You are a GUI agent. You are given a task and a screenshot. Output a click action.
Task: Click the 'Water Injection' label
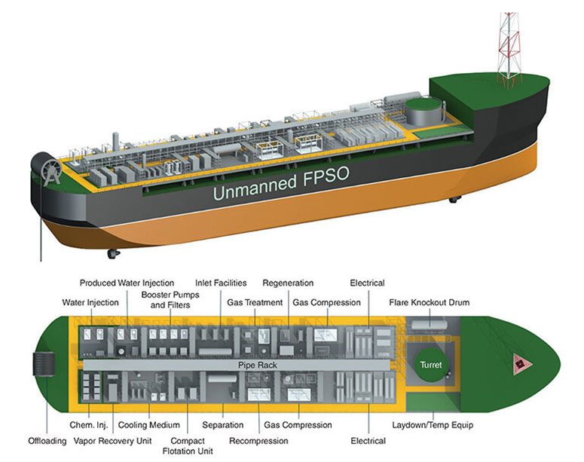tap(90, 303)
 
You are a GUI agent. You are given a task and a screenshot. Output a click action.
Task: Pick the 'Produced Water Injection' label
tap(127, 283)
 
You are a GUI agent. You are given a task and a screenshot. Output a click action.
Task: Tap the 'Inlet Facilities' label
tap(221, 283)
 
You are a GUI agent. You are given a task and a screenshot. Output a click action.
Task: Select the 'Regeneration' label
tap(288, 283)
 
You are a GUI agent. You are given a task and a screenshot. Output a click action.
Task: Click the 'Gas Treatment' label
tap(255, 303)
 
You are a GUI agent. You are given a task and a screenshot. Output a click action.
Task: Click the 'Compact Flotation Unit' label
tap(188, 445)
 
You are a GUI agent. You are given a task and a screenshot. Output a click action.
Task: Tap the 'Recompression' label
tap(258, 440)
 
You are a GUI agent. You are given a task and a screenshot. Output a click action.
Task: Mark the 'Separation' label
tap(222, 425)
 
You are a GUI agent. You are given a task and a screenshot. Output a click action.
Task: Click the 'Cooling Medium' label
tap(154, 425)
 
